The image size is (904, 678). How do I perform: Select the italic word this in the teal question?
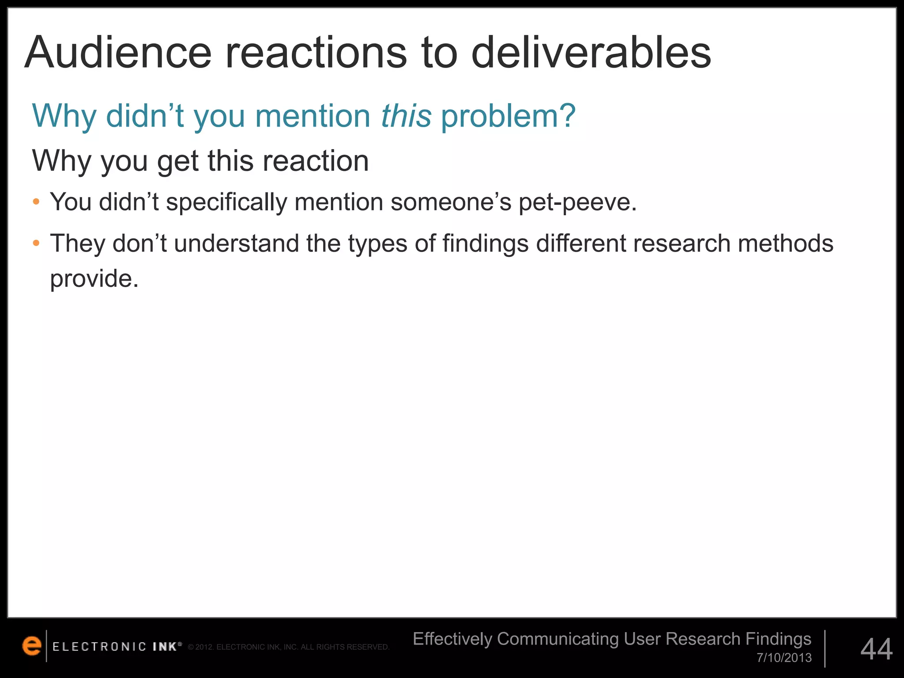(406, 116)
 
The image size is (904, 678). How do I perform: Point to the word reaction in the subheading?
(316, 161)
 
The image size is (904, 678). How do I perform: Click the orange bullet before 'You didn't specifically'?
(36, 202)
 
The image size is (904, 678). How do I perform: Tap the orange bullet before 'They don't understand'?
(36, 243)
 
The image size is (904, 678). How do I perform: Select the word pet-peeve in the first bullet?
(577, 203)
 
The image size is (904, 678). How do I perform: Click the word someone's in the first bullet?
(451, 202)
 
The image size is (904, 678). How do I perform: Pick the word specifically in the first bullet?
(226, 203)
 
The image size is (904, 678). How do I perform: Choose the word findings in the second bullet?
(485, 244)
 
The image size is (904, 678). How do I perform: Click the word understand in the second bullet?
(236, 243)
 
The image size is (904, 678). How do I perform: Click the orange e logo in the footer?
(32, 646)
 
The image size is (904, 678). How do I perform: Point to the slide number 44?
(876, 649)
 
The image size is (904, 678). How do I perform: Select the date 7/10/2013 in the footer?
(784, 658)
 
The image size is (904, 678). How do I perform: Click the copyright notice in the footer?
(288, 647)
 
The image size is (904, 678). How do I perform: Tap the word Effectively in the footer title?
(452, 639)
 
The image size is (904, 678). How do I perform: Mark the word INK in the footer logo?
(165, 647)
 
